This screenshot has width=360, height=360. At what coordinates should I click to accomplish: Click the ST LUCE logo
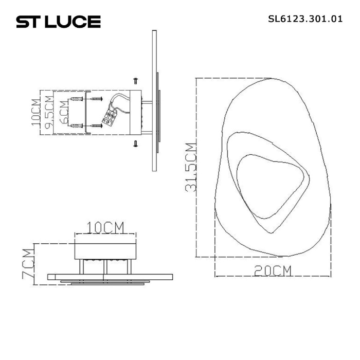coord(58,22)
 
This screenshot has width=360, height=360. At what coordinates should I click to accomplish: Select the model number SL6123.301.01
coord(305,21)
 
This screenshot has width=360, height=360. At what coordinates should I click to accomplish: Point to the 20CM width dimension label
coord(273,271)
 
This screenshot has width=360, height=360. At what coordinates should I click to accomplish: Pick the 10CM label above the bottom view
coord(106,227)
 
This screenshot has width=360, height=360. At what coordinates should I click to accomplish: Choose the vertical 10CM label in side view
coord(35,112)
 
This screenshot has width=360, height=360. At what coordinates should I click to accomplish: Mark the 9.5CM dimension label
coord(49,112)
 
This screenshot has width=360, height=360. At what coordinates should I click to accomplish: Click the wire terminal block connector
coord(110,118)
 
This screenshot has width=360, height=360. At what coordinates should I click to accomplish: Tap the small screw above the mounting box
coord(135,80)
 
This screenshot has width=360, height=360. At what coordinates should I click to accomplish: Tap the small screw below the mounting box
coord(135,143)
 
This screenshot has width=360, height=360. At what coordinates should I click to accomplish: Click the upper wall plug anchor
coord(77,99)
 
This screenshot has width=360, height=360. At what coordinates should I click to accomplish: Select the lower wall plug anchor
coord(77,125)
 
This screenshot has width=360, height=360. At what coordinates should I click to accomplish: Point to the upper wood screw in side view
coord(96,99)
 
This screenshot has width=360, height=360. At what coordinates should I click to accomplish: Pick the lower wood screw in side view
coord(96,125)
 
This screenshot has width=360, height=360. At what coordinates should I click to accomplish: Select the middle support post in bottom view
coord(104,267)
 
